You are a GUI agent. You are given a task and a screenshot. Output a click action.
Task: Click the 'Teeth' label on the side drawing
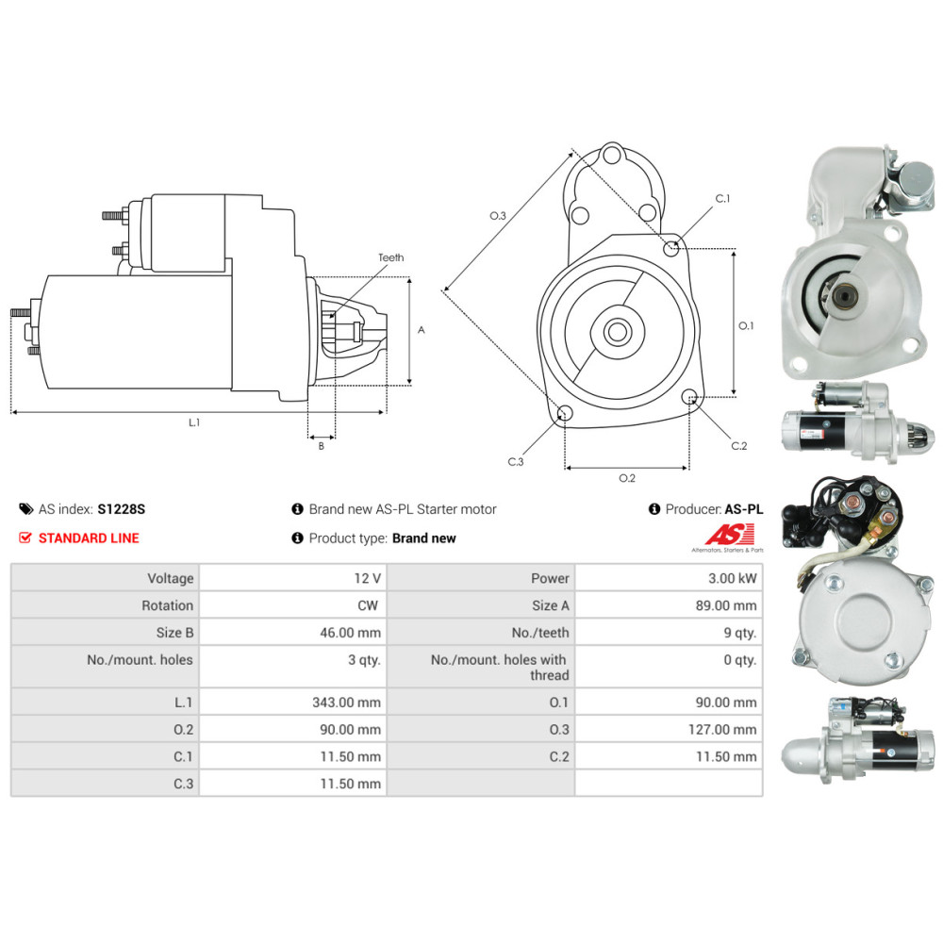391,257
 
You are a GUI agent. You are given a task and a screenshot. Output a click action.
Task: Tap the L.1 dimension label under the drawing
194,422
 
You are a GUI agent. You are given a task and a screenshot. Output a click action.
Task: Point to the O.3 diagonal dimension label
498,215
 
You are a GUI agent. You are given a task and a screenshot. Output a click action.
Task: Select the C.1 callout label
722,198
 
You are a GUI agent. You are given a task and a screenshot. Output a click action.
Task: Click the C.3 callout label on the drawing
516,462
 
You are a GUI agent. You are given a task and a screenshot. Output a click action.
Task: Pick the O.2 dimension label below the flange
627,478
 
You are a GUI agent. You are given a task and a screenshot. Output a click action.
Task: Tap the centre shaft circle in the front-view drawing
617,331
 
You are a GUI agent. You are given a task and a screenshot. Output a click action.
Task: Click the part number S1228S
122,509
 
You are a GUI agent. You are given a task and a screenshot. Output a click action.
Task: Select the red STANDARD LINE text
89,538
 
